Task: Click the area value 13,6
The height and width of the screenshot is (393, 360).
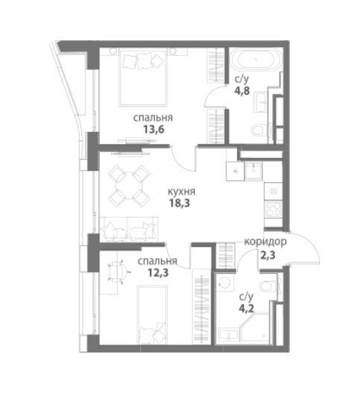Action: [154, 130]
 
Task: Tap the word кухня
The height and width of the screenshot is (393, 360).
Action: [181, 192]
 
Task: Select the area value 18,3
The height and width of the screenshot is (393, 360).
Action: [180, 203]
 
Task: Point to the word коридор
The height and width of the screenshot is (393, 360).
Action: [265, 242]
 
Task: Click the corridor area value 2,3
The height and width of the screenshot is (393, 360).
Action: [268, 255]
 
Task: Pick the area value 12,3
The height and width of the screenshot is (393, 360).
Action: [158, 272]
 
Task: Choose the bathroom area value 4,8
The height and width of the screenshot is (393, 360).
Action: [242, 90]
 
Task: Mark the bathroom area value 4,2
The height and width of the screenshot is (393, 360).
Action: [247, 308]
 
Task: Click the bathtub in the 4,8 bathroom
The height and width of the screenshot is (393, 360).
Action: [256, 60]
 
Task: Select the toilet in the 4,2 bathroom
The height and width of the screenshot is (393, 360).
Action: [269, 286]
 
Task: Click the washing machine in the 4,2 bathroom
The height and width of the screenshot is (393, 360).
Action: [225, 283]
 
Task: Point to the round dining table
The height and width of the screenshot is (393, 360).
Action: [129, 185]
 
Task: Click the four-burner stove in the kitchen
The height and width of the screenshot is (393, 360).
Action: [273, 210]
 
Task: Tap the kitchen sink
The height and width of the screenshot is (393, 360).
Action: [253, 171]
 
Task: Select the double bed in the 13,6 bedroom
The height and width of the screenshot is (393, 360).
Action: [143, 78]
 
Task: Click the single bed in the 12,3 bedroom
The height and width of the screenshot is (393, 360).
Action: [152, 315]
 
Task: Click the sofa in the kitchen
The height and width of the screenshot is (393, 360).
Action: [129, 230]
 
